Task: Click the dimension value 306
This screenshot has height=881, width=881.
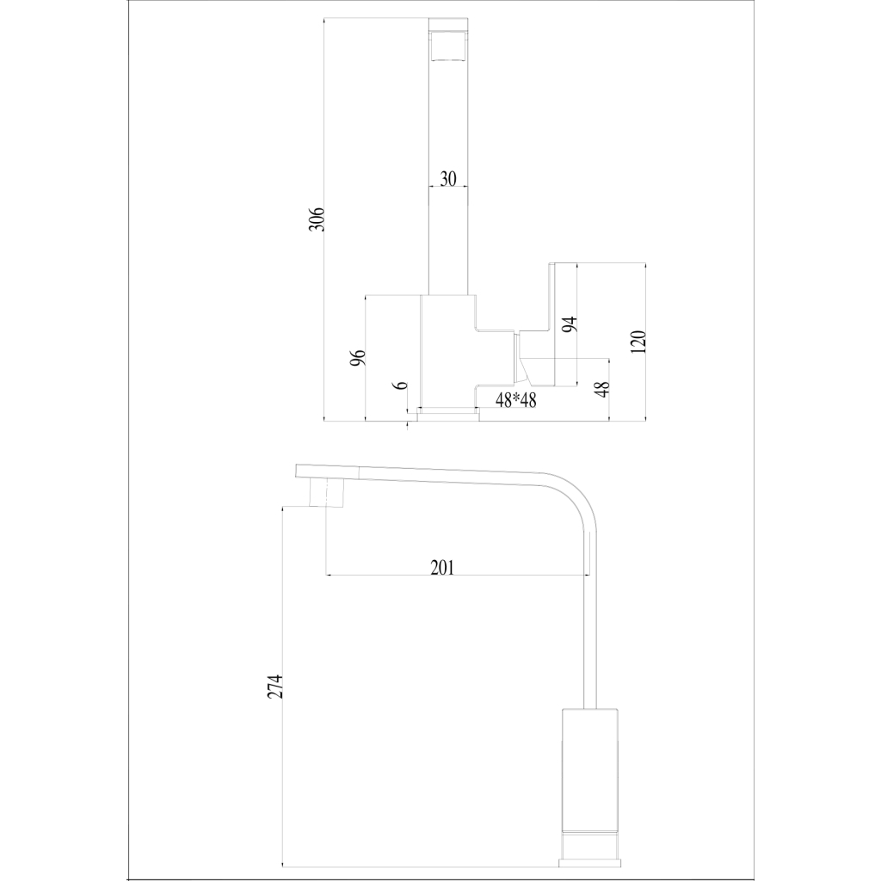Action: [x=317, y=219]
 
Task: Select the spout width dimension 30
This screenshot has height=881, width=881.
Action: [x=447, y=179]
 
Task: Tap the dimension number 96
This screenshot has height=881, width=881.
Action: [x=359, y=357]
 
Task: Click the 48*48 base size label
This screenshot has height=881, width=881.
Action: [x=516, y=400]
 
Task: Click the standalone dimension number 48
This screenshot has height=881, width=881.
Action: [x=602, y=389]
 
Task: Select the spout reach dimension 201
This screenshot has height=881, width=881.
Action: [x=441, y=567]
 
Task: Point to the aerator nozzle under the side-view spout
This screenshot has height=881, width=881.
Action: [x=327, y=495]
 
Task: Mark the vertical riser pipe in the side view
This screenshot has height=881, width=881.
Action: [x=589, y=628]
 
